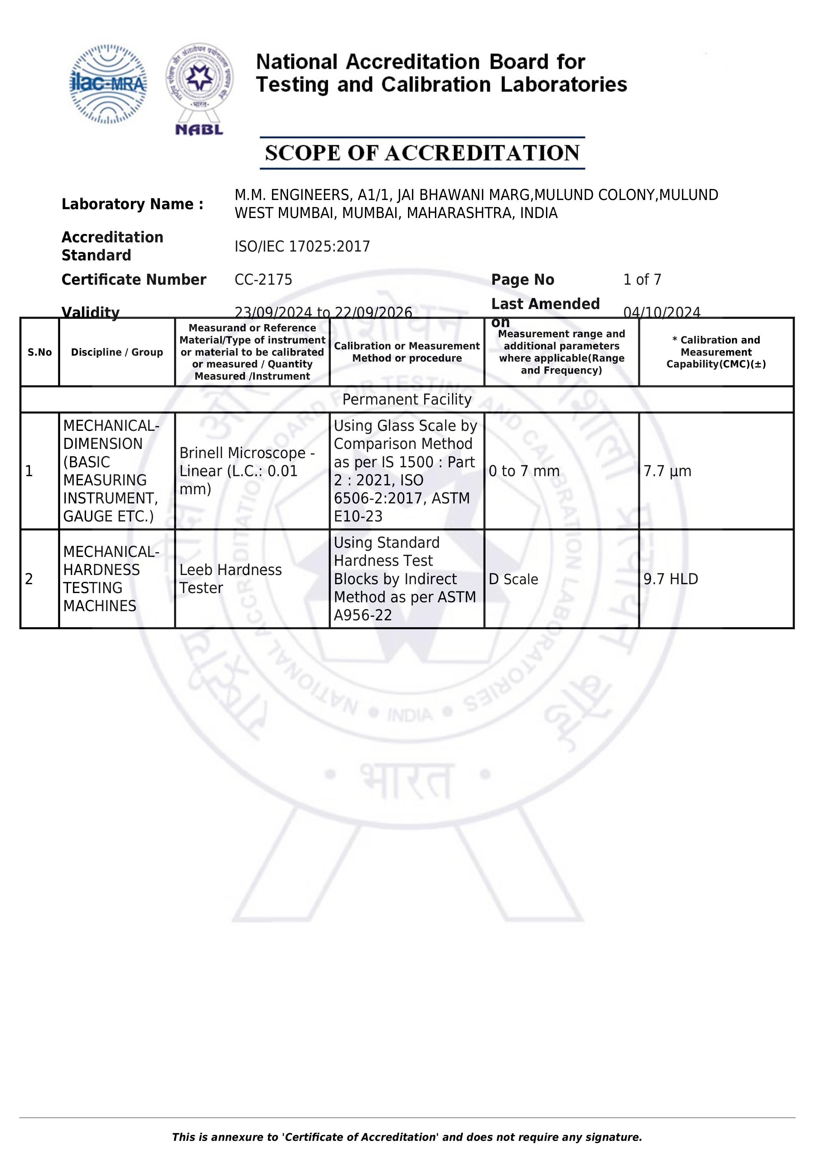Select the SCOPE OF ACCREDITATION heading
click(x=422, y=153)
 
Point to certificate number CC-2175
click(x=263, y=279)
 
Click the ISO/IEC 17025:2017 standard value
click(x=302, y=246)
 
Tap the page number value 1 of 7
click(x=642, y=279)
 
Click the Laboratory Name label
click(x=132, y=204)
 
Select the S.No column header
click(x=40, y=352)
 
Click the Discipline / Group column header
click(x=117, y=352)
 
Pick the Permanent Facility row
click(x=407, y=399)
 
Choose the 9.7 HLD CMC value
click(x=670, y=579)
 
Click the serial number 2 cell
click(x=29, y=579)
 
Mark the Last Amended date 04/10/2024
click(x=662, y=313)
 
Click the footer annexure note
click(x=407, y=1137)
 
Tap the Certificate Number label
click(x=133, y=279)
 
